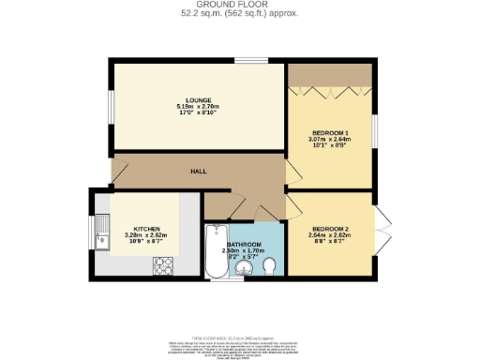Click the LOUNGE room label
click(x=197, y=100)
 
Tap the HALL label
click(x=199, y=172)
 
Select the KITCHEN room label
click(x=146, y=229)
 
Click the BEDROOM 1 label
click(x=329, y=133)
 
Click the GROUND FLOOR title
click(x=240, y=6)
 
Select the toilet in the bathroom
click(x=269, y=269)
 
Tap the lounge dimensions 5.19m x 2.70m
click(x=197, y=108)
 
